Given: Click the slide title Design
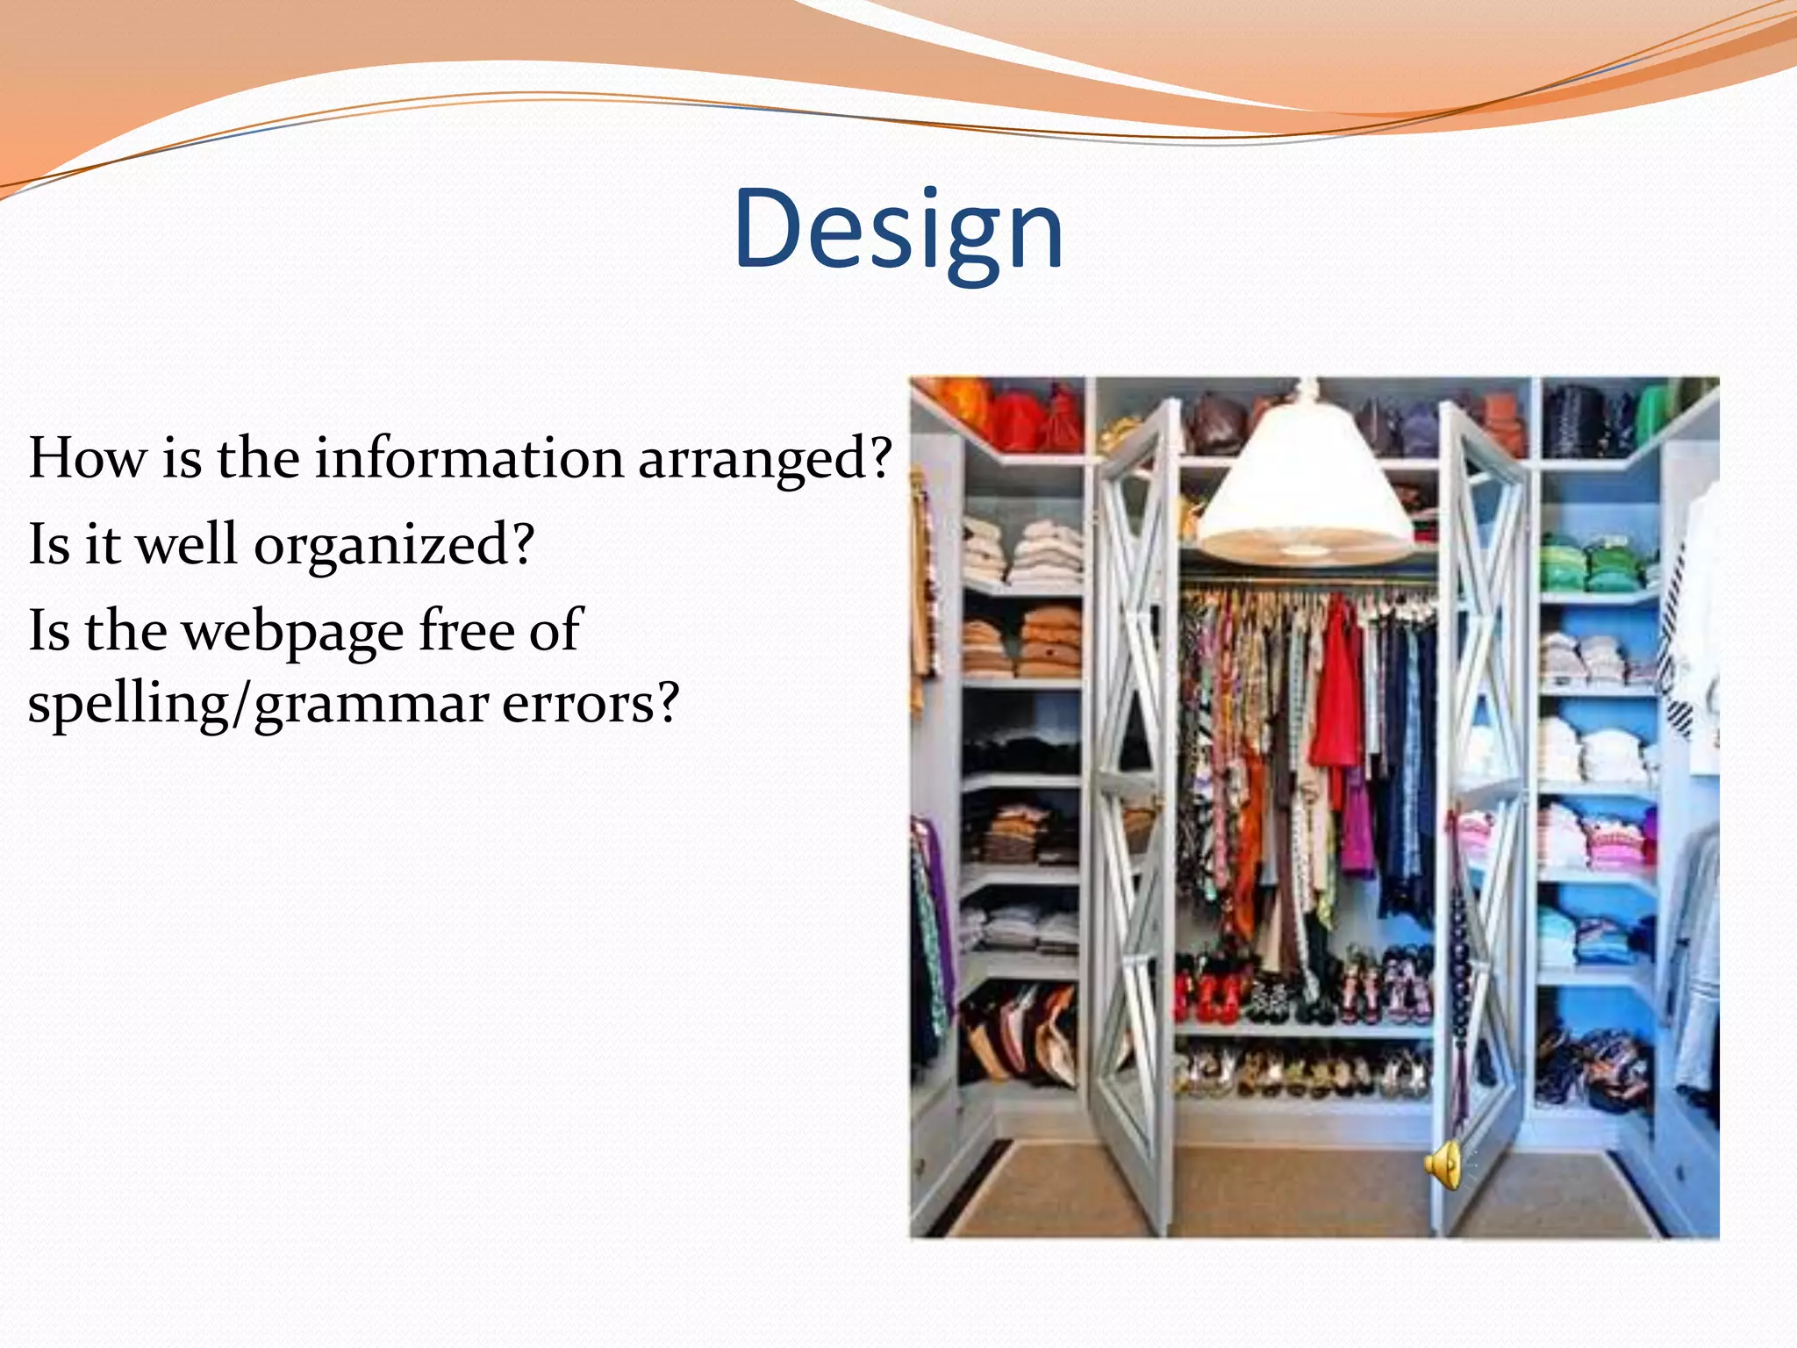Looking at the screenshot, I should point(898,230).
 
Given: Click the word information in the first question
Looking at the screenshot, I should point(469,459).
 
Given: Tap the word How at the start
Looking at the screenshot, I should point(86,459).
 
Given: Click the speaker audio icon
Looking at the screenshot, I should point(1443,1165).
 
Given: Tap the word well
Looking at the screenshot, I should point(187,544).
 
